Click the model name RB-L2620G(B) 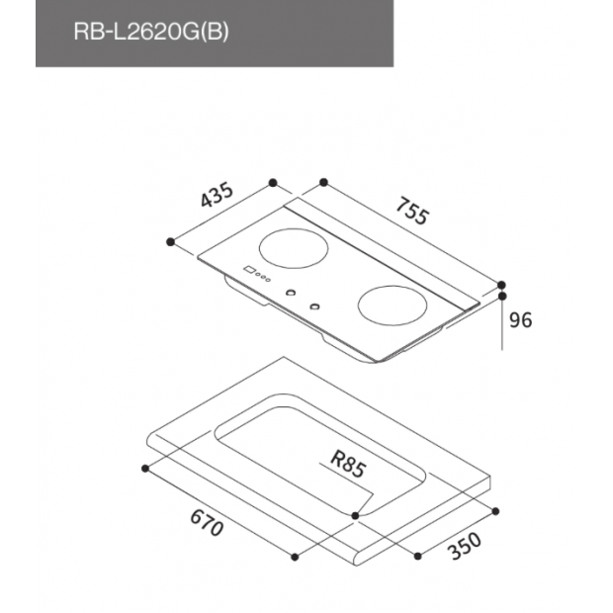(x=151, y=32)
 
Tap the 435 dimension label (x=217, y=195)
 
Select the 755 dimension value (x=412, y=212)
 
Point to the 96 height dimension (x=521, y=320)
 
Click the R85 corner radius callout (x=348, y=464)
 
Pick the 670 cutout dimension (x=207, y=523)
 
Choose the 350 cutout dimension (x=465, y=546)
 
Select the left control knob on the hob (x=291, y=293)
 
